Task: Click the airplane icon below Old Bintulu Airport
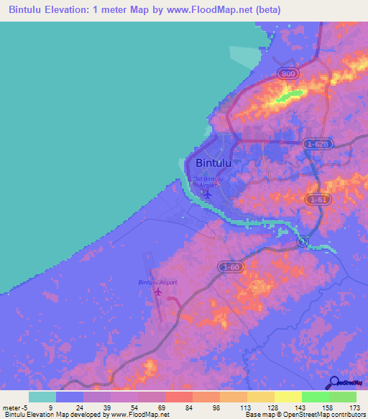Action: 208,193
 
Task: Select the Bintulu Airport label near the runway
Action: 157,282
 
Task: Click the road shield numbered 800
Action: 288,74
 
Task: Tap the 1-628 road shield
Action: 316,144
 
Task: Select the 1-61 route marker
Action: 316,199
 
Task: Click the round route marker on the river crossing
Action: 303,240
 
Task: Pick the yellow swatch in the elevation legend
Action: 287,397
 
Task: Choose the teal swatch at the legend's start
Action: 42,397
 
